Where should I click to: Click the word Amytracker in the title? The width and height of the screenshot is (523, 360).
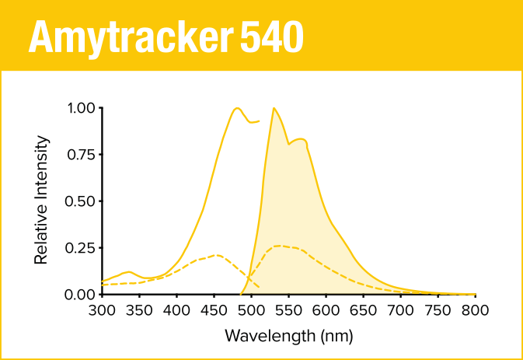click(130, 36)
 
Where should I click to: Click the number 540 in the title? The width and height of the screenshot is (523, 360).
click(271, 36)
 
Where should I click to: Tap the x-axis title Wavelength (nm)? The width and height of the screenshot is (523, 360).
click(288, 336)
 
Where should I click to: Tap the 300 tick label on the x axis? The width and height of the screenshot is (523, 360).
click(102, 310)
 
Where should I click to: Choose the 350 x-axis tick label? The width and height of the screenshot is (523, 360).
click(139, 310)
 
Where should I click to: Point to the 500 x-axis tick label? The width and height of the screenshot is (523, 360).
click(251, 310)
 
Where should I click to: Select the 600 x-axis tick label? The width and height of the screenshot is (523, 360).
click(326, 310)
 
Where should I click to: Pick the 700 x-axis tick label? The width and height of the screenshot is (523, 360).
click(400, 310)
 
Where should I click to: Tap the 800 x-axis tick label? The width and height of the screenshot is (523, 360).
click(475, 310)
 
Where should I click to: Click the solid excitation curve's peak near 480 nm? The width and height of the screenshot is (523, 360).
click(237, 108)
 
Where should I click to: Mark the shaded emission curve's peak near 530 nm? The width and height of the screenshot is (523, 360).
click(274, 108)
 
